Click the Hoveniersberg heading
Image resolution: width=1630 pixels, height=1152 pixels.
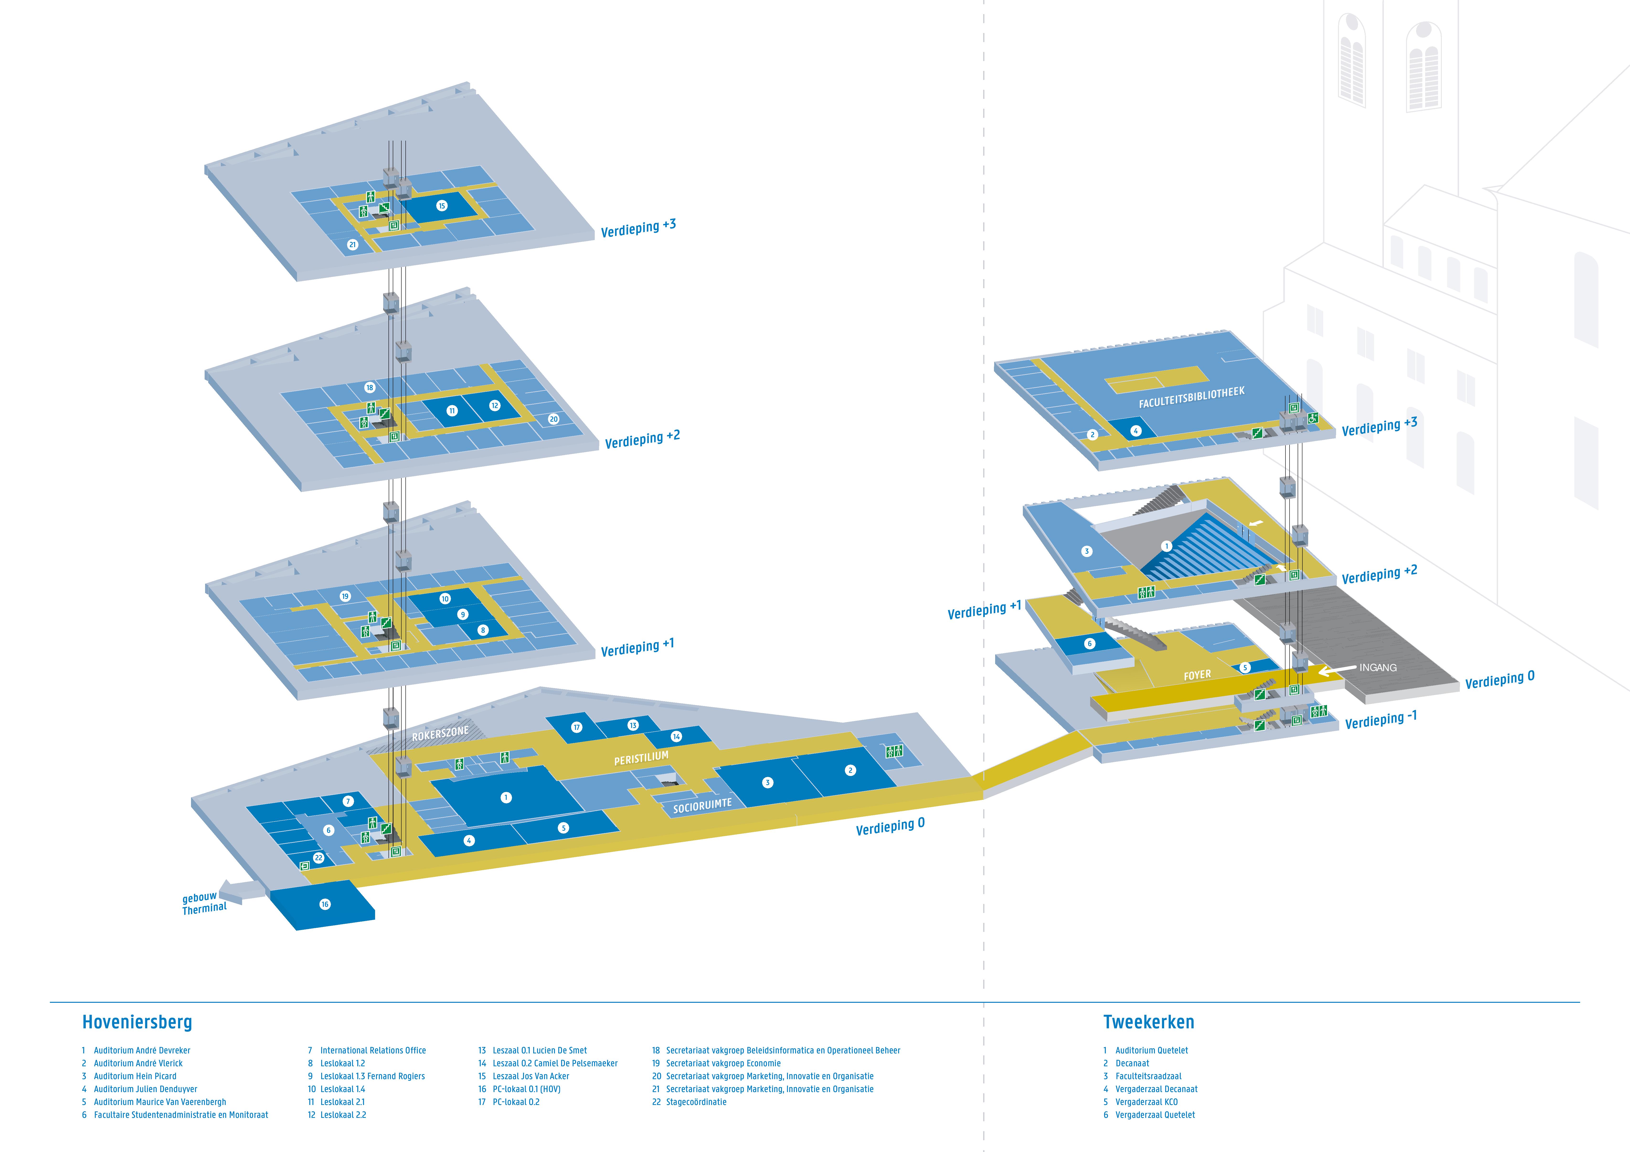(137, 1022)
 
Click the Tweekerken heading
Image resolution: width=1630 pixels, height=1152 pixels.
(1149, 1022)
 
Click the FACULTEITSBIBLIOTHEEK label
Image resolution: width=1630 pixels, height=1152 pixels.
(1191, 398)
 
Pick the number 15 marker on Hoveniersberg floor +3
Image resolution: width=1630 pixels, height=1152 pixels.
(441, 206)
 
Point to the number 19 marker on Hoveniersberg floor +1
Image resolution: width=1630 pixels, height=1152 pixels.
(345, 596)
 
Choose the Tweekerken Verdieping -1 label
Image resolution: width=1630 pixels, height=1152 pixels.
(1381, 720)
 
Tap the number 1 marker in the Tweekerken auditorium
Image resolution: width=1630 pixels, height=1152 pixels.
(1166, 546)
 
